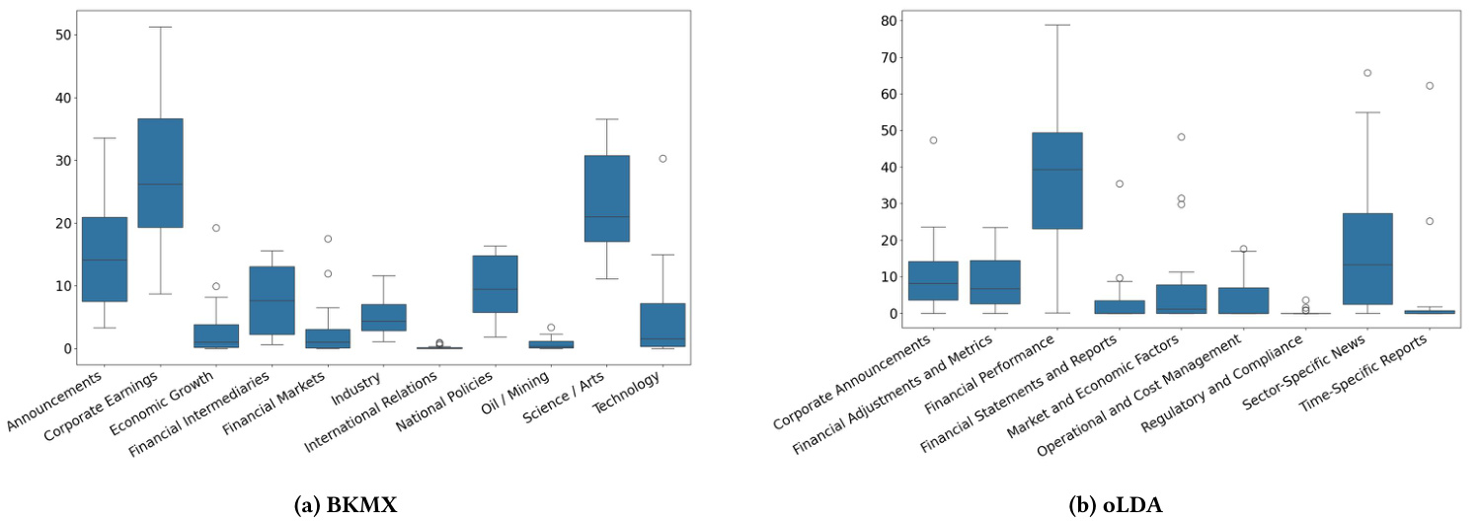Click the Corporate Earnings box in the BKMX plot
(159, 173)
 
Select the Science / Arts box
(606, 198)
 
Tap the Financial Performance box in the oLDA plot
(1056, 181)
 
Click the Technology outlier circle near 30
(662, 158)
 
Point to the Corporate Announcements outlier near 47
(933, 140)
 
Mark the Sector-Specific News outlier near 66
(1367, 73)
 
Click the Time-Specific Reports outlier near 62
(1430, 86)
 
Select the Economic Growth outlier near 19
(215, 228)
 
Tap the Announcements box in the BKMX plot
(104, 259)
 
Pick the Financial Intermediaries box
(271, 300)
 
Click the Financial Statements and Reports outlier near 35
(1119, 184)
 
